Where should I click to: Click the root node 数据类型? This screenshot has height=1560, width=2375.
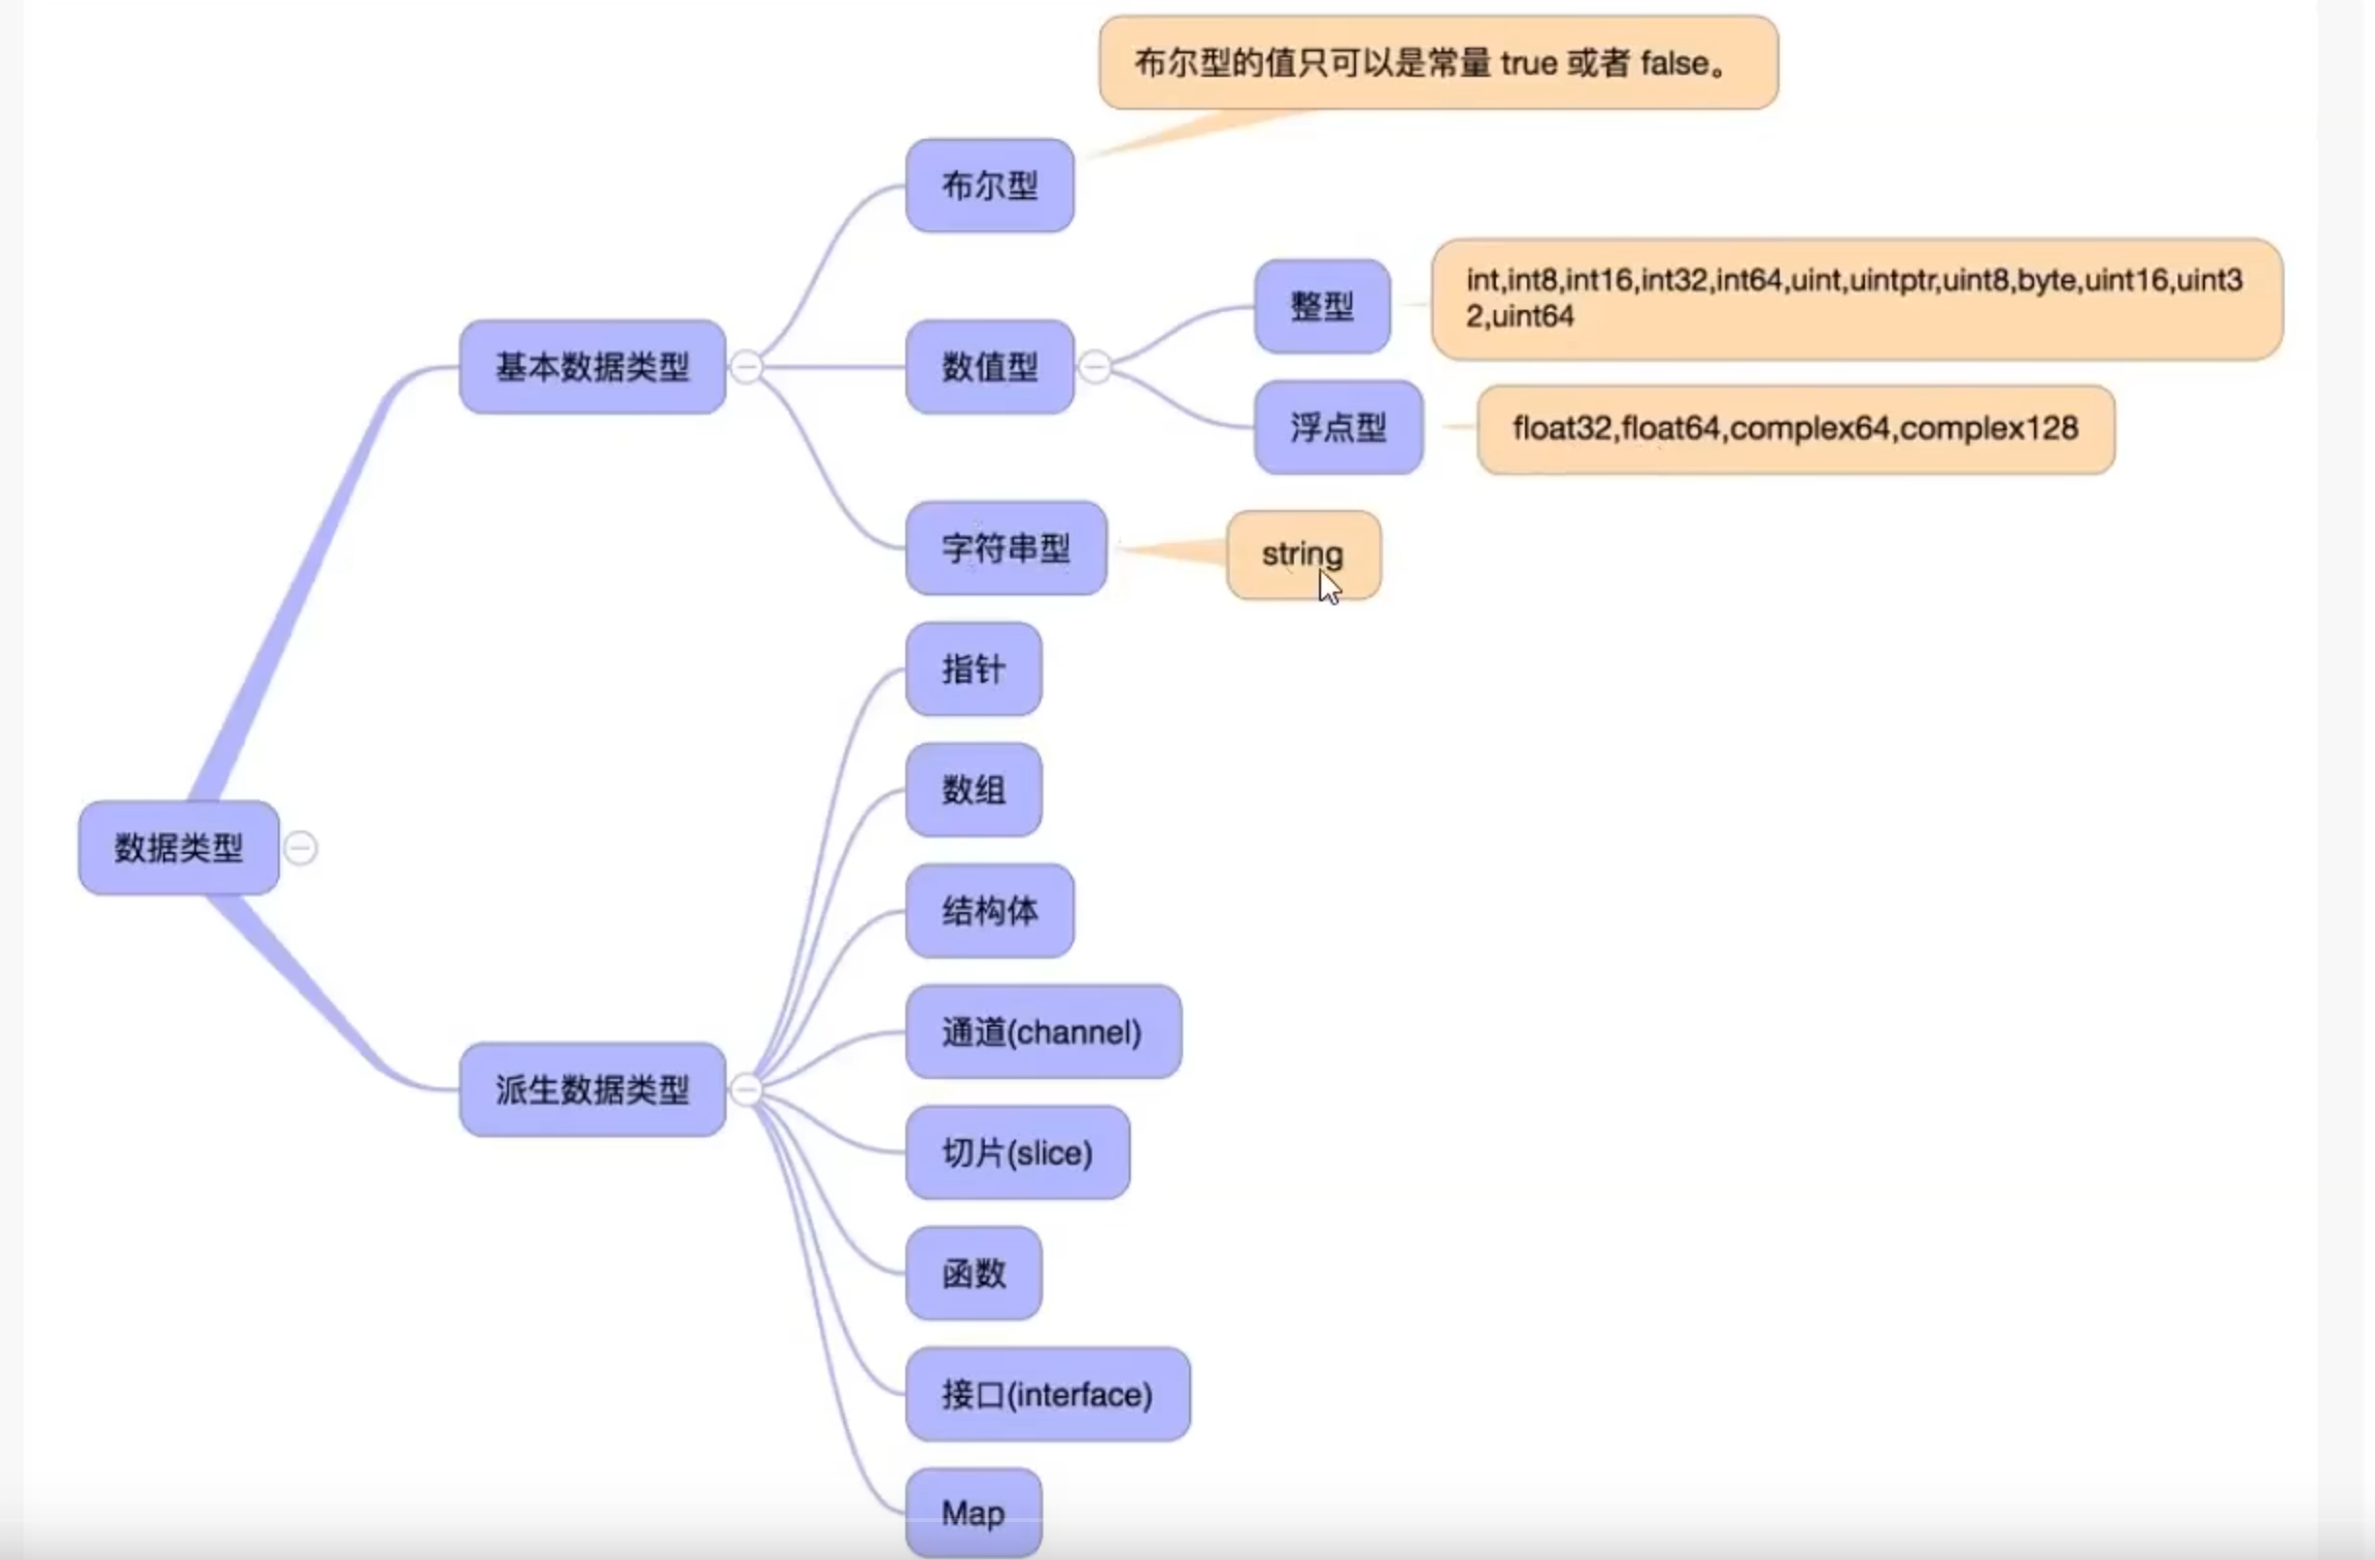(x=179, y=847)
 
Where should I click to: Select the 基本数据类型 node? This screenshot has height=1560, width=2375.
(x=592, y=366)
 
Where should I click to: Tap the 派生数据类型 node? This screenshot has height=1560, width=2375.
(x=592, y=1089)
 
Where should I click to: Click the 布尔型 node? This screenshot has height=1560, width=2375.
(x=989, y=186)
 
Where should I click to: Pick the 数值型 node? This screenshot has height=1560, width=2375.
(x=989, y=366)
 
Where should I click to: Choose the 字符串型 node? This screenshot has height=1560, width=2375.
(x=1006, y=548)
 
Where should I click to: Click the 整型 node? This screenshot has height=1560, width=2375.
(x=1321, y=305)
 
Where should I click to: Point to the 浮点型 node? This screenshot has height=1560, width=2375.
(x=1338, y=427)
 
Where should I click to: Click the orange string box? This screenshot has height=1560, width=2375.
(x=1303, y=554)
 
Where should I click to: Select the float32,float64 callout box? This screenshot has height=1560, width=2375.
(x=1794, y=429)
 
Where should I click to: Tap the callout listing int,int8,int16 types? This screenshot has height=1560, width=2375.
(x=1856, y=298)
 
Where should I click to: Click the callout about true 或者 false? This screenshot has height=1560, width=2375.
(x=1437, y=63)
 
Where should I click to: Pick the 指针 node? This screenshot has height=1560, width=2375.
(x=973, y=668)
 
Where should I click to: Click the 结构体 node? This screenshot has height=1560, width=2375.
(x=989, y=910)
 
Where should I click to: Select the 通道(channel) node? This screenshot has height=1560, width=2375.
(x=1043, y=1031)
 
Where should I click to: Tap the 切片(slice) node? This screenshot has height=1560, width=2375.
(x=1017, y=1153)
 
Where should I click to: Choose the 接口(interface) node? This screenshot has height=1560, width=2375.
(x=1047, y=1393)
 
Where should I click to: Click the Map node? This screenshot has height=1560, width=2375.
(x=973, y=1513)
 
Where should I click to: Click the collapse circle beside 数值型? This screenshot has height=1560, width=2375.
(x=1095, y=367)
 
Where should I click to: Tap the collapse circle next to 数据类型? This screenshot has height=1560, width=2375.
(x=300, y=848)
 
